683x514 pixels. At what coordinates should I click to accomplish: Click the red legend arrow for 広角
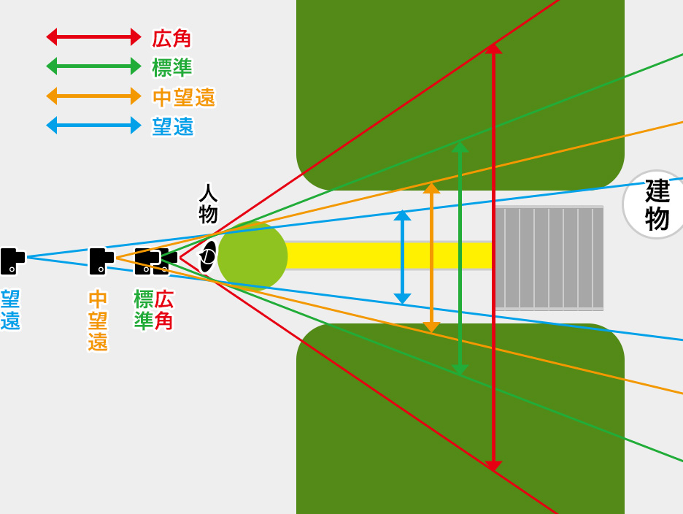93,37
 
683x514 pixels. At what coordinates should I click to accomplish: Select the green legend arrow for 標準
93,66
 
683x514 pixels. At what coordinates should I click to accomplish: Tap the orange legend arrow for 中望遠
93,96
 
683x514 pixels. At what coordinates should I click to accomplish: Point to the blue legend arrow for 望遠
93,126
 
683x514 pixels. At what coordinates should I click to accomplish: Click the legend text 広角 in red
172,38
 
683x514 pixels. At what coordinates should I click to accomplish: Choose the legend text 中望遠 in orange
184,97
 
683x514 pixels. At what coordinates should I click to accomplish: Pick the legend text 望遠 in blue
173,126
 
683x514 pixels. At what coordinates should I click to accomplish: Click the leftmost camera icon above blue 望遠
12,261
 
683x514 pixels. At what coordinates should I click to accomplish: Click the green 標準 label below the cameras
143,310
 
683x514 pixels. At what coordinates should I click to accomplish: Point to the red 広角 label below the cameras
164,310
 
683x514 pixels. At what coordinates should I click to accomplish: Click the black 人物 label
209,204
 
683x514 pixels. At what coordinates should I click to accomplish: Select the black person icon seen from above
208,256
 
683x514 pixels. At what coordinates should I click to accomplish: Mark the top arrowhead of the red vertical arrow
493,49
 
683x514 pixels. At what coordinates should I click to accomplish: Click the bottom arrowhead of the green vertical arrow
460,369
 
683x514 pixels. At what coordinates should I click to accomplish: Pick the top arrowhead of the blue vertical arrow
403,215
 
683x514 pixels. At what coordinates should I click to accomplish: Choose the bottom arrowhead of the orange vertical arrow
431,327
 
